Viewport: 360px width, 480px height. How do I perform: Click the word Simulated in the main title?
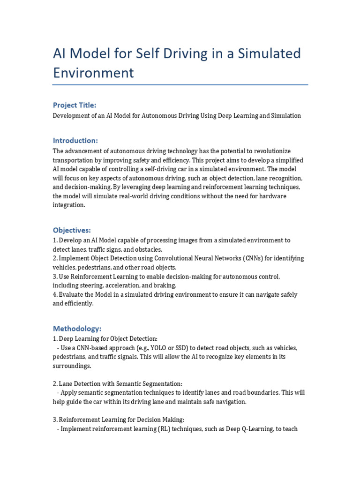coord(269,54)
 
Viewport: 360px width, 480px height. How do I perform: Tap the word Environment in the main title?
coord(93,73)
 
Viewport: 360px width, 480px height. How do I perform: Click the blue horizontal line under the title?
coord(180,85)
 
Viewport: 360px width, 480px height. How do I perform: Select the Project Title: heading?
coord(75,105)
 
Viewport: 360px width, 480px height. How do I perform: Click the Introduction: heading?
coord(75,140)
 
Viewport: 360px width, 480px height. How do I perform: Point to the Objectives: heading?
coord(72,230)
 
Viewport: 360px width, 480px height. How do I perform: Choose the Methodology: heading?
coord(77,328)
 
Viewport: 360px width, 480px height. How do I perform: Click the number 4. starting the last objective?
coord(55,294)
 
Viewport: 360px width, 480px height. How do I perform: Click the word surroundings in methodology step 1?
coord(71,366)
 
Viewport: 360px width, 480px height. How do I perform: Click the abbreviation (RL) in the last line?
coord(164,428)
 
